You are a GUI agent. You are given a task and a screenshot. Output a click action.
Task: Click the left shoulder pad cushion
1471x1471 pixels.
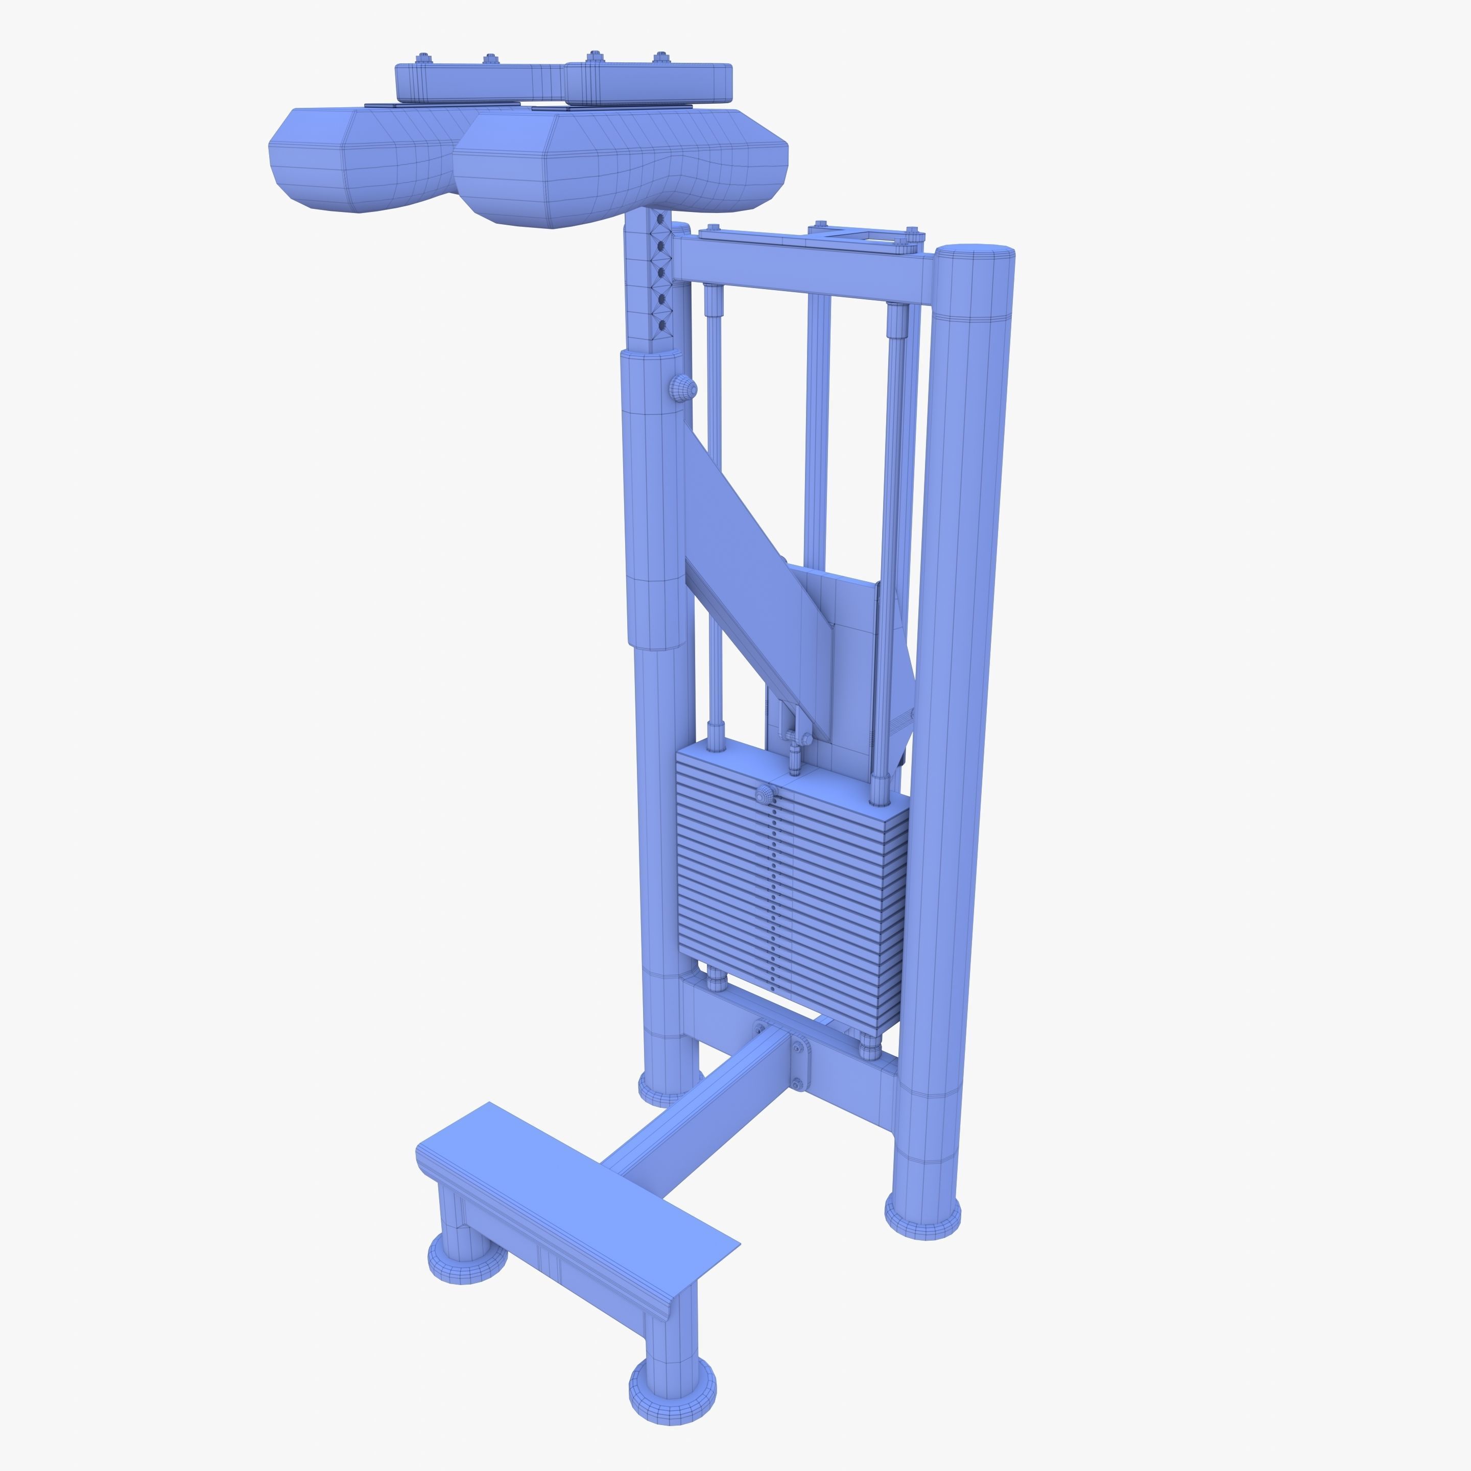coord(358,160)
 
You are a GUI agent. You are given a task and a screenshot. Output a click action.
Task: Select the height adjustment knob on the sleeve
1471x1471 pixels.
coord(683,388)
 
